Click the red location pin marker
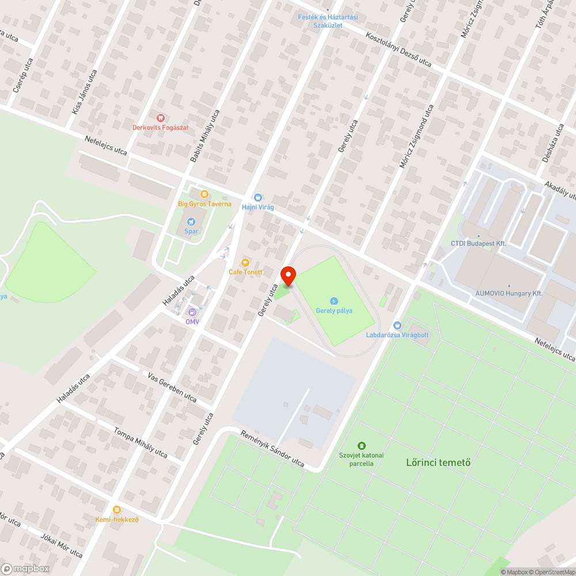(288, 275)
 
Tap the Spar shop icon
(191, 221)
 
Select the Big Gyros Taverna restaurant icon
(204, 194)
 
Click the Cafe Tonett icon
(245, 262)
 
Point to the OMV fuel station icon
(192, 312)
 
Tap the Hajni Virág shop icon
(257, 197)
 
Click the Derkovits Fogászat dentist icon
(160, 118)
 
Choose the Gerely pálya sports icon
(334, 301)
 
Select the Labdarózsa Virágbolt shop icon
(397, 325)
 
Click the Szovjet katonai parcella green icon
(361, 445)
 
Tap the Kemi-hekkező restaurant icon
(117, 510)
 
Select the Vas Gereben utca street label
(172, 387)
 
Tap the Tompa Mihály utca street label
(141, 442)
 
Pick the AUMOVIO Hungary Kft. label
(509, 293)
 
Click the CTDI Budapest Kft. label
(478, 244)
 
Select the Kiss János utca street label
(84, 91)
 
